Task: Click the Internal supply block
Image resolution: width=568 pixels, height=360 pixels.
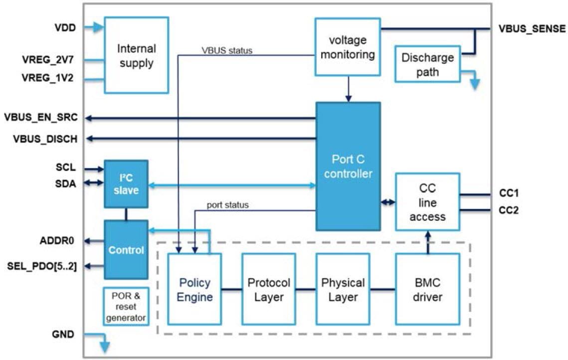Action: [136, 55]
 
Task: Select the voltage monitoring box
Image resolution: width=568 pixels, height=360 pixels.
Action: [348, 47]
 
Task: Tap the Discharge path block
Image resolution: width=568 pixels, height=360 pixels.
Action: [427, 64]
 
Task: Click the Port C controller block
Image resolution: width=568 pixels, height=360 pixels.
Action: [348, 166]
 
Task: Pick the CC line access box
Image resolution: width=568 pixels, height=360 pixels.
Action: [427, 201]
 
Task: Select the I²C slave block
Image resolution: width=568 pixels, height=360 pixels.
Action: [126, 183]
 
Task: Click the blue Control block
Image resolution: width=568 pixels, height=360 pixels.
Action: [126, 249]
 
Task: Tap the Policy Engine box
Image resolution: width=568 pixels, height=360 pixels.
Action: [194, 289]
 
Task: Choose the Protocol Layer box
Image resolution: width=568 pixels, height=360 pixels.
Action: [268, 289]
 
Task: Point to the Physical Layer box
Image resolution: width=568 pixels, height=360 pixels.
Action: [343, 289]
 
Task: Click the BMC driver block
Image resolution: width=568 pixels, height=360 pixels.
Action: [427, 289]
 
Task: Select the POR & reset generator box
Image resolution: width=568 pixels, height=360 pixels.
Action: [126, 306]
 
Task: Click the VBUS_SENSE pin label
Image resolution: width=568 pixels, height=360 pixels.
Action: [532, 28]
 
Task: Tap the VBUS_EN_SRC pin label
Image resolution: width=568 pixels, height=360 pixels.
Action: [41, 118]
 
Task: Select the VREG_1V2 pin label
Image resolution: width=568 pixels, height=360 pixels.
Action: [48, 78]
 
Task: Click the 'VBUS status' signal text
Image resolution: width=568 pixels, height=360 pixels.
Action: [227, 50]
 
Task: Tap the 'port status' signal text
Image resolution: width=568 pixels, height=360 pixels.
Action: [227, 205]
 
